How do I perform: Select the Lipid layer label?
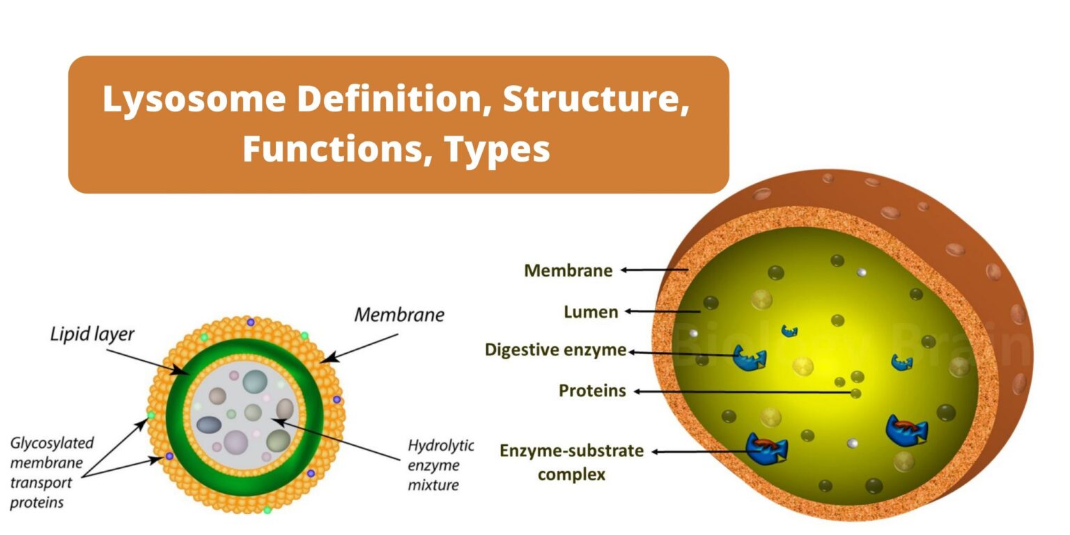tap(92, 334)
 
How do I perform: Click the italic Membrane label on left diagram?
tap(399, 315)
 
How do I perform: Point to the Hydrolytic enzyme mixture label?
tap(440, 465)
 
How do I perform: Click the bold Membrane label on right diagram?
tap(568, 270)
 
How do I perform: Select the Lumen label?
tap(591, 312)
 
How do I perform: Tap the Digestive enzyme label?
tap(555, 350)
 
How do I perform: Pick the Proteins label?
tap(592, 391)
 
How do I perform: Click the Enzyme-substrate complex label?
tap(571, 462)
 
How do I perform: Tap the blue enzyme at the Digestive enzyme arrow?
tap(750, 358)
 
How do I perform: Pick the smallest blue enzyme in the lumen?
tap(789, 330)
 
